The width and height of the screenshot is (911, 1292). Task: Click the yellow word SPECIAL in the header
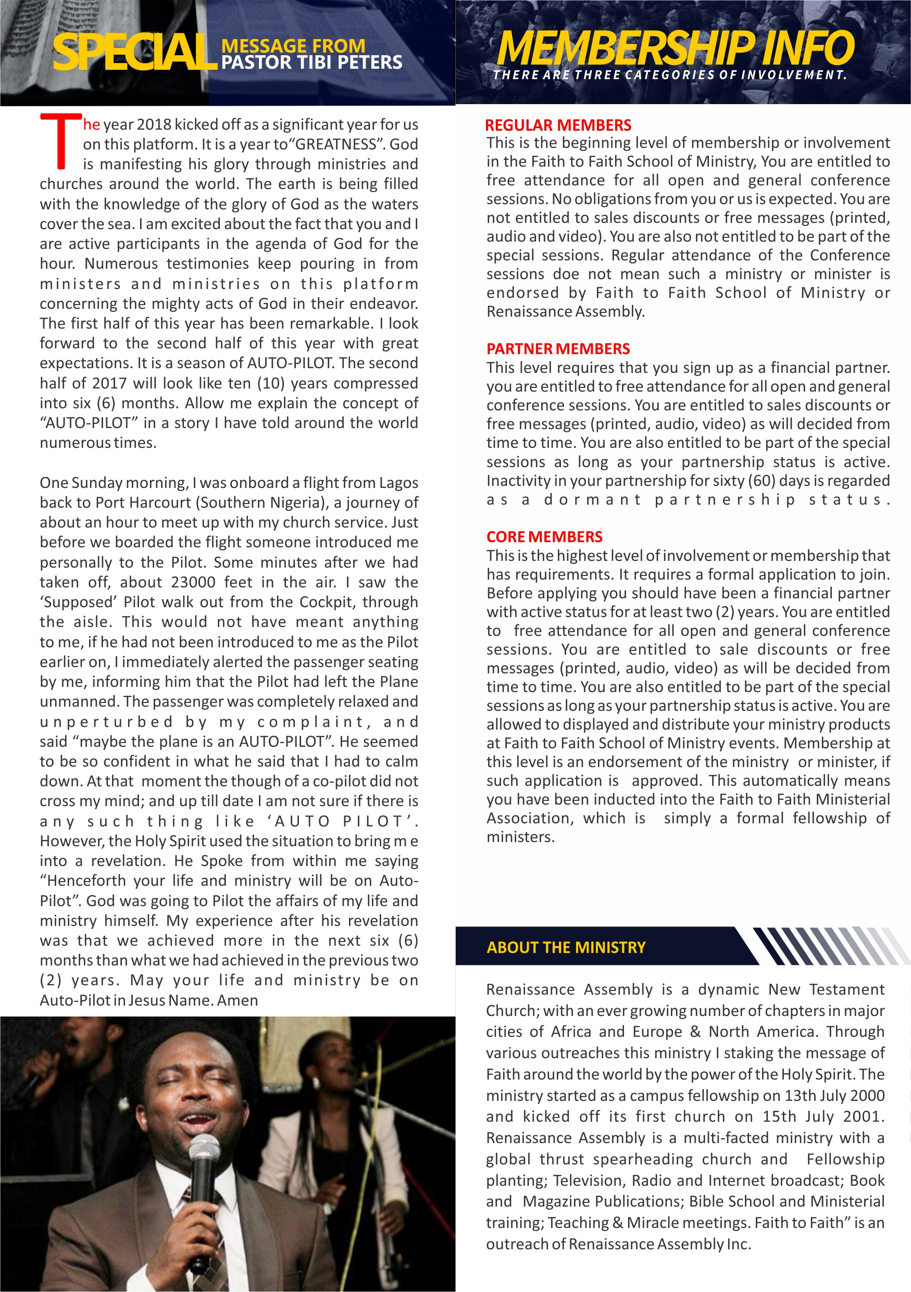tap(135, 52)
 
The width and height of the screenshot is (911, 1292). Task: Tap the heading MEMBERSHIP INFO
tap(675, 48)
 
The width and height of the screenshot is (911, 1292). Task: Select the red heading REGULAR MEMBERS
tap(558, 125)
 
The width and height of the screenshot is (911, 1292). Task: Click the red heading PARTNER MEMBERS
tap(558, 349)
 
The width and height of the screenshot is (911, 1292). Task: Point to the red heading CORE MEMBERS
tap(544, 537)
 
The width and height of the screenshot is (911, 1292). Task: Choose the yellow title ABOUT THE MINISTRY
tap(566, 948)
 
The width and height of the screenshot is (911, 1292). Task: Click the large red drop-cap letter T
tap(61, 141)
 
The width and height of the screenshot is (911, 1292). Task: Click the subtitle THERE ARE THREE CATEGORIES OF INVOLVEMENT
tap(670, 75)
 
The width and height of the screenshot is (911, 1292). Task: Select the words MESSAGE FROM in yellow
tap(293, 46)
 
